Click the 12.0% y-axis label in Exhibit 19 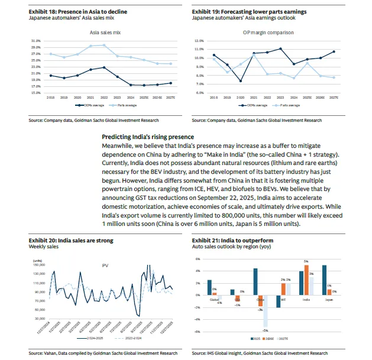click(x=199, y=40)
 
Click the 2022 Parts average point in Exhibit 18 click(x=104, y=45)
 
